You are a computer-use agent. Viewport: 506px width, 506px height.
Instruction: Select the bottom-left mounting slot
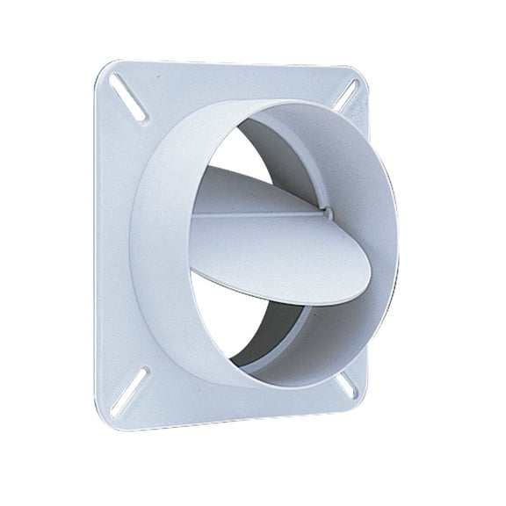[129, 389]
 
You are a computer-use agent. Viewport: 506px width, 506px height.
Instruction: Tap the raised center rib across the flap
[255, 212]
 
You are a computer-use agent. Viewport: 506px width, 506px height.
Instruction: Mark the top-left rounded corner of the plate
[98, 67]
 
